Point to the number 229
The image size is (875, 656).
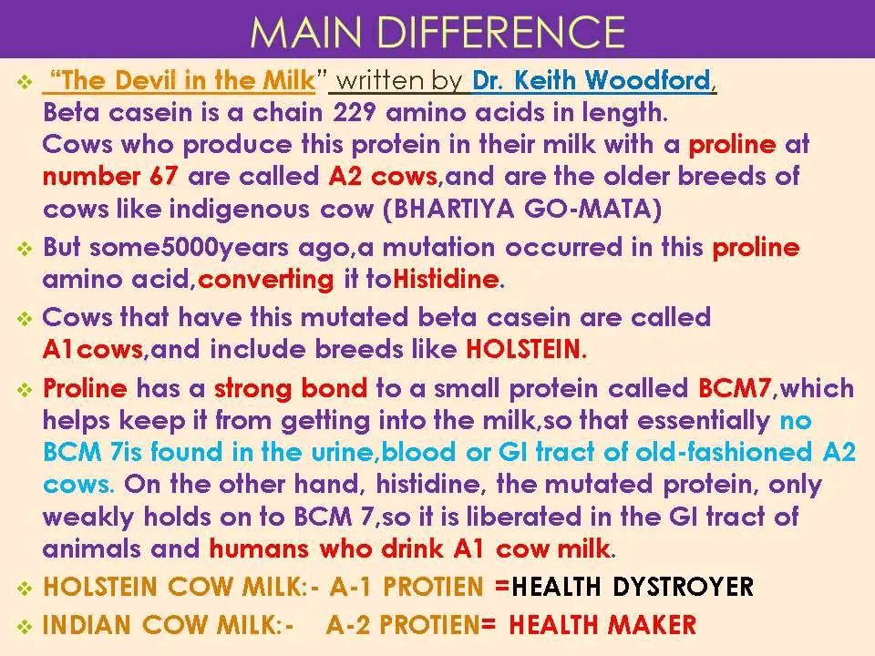click(x=354, y=113)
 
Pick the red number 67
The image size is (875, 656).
click(x=163, y=177)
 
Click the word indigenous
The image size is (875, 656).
click(x=240, y=210)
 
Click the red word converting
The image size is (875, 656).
click(x=265, y=280)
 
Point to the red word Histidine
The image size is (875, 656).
click(x=446, y=279)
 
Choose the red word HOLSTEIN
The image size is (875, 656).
click(x=523, y=350)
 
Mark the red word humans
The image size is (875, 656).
click(x=259, y=548)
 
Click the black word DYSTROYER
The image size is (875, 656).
click(x=683, y=587)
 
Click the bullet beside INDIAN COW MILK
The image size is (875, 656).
click(x=25, y=627)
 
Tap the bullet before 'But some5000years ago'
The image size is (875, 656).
click(x=25, y=248)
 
